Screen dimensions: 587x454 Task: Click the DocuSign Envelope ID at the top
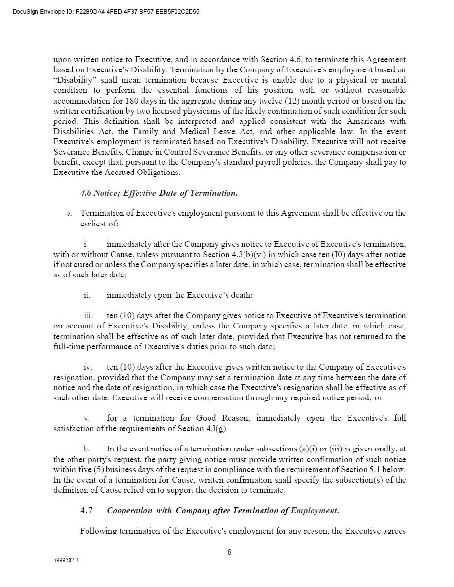pos(106,12)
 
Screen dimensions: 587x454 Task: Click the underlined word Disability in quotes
pos(74,80)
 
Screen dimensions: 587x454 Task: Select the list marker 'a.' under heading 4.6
pos(70,213)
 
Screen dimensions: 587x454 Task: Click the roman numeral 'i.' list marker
pos(86,244)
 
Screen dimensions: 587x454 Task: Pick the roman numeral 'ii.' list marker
pos(87,295)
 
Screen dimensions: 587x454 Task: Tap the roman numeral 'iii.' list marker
pos(87,316)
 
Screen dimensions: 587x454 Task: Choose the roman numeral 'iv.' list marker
pos(87,367)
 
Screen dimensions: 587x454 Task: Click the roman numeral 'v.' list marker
pos(87,418)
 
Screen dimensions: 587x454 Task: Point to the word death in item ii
pos(240,295)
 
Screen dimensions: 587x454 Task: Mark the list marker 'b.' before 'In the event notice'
pos(87,449)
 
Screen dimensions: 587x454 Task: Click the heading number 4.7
pos(87,511)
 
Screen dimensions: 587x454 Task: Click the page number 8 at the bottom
pos(229,552)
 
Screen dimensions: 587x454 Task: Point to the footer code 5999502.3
pos(66,560)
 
